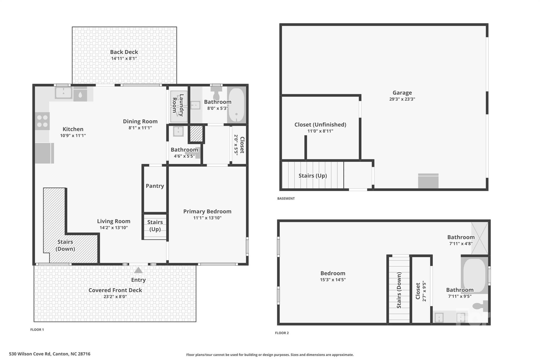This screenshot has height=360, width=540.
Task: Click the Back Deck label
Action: pos(124,52)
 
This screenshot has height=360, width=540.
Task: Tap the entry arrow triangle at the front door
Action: pos(138,270)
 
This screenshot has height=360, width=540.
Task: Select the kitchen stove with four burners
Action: pos(42,121)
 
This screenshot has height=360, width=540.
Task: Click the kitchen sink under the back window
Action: pos(63,93)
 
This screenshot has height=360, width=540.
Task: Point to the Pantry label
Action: pos(155,186)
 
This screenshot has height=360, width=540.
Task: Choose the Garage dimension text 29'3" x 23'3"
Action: pos(402,99)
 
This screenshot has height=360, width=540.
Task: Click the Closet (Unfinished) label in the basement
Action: pos(320,124)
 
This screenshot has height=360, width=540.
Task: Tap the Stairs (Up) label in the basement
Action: pos(312,176)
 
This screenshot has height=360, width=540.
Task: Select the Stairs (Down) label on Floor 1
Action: pos(65,245)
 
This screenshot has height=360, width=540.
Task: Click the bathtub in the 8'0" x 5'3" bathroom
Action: pos(236,105)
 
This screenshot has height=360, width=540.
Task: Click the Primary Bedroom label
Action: pos(207,211)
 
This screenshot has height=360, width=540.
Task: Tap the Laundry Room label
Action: pos(178,105)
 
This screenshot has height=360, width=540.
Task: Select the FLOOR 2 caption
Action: pos(282,333)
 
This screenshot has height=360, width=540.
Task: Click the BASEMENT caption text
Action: pos(286,198)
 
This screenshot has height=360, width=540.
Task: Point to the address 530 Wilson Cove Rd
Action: pos(50,354)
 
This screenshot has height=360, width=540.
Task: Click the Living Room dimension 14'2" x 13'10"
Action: pos(114,228)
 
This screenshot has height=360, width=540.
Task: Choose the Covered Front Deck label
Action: pos(115,290)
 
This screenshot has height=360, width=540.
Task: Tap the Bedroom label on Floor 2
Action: pos(333,273)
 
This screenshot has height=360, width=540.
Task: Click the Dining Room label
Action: pos(140,121)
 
